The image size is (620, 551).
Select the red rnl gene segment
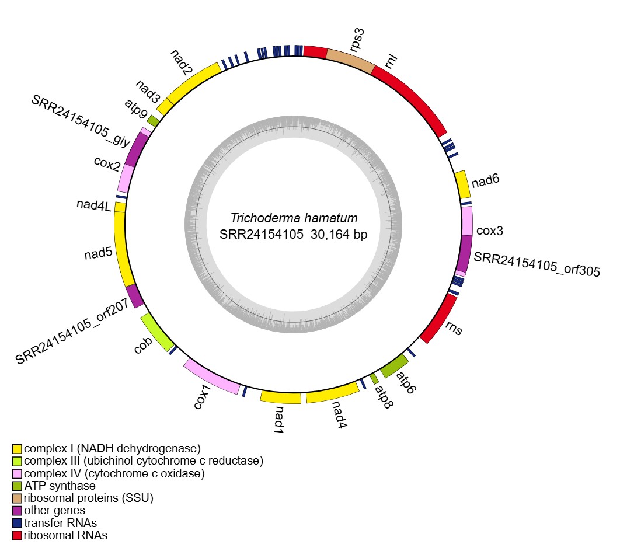pos(412,96)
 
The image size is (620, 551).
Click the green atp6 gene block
pos(393,365)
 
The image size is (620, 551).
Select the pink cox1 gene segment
pos(211,377)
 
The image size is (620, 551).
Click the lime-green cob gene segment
pos(156,332)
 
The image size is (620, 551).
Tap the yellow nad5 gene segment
pos(122,249)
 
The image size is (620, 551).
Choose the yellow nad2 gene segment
pos(194,81)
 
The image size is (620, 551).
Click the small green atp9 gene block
pos(153,121)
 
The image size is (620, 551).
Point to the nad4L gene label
pos(93,205)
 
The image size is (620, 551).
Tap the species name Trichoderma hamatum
pos(294,219)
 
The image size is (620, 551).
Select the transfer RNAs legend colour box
pos(17,522)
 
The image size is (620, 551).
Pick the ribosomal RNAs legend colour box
pos(17,535)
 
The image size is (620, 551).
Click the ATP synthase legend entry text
pos(60,486)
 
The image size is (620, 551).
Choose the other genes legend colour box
pos(17,510)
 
